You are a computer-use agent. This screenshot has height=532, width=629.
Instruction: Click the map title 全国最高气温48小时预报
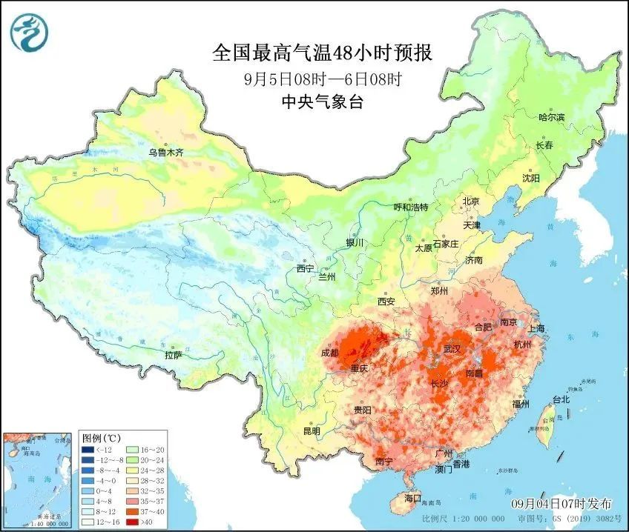click(x=322, y=53)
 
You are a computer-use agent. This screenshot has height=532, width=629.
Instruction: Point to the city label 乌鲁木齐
click(x=165, y=153)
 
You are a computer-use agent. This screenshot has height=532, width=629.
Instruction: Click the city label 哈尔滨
click(x=551, y=117)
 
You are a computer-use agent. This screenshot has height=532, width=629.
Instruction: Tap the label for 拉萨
click(x=174, y=355)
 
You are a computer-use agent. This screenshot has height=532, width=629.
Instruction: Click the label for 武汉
click(x=452, y=348)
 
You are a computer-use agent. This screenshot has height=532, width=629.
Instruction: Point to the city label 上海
click(x=538, y=328)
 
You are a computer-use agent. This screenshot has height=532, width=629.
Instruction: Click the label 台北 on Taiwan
click(x=561, y=399)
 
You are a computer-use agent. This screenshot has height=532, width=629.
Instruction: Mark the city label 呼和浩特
click(x=410, y=207)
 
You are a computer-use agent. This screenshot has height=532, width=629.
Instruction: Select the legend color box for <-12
click(x=88, y=450)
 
